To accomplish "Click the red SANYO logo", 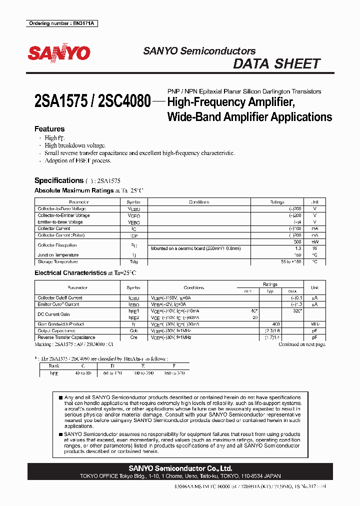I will tap(59, 53).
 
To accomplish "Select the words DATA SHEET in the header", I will tap(276, 64).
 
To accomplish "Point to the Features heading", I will tap(49, 129).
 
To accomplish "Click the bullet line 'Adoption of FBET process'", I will tap(78, 161).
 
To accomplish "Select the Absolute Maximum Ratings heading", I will tap(69, 190).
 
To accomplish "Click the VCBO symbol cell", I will tap(133, 209).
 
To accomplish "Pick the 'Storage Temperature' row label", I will tap(58, 261).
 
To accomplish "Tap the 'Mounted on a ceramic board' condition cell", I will tap(196, 248).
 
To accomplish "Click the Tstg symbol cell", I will tap(133, 261).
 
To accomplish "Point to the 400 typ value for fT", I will tap(276, 324).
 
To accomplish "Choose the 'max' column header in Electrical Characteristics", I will tap(292, 291).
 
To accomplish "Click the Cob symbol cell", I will tap(133, 330).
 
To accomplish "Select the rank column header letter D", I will tap(105, 366).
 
